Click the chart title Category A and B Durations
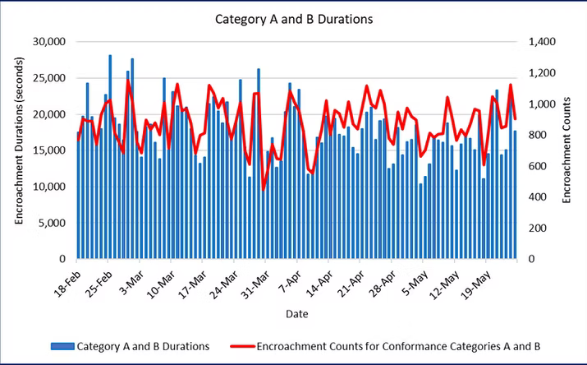coord(293,18)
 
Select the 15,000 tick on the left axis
coord(48,150)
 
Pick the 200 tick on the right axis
coord(534,228)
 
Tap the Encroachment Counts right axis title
coord(566,150)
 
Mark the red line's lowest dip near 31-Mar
coord(264,190)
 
